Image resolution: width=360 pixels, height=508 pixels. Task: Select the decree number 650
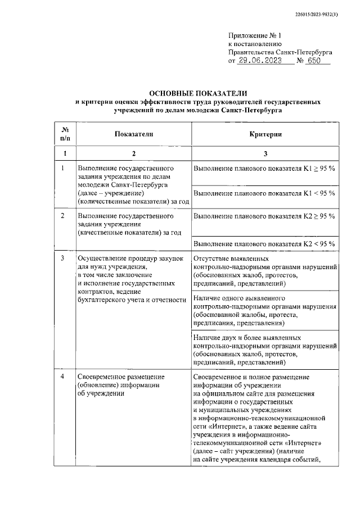point(318,61)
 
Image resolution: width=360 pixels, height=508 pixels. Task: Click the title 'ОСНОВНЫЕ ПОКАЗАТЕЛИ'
point(198,93)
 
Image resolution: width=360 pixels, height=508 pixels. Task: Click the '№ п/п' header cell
point(65,134)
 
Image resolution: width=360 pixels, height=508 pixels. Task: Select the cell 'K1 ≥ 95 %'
point(264,168)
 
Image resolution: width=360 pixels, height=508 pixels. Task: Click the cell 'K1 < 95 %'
point(264,193)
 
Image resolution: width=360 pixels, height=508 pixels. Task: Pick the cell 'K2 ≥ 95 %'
point(264,216)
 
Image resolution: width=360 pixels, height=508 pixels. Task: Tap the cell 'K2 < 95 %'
point(264,243)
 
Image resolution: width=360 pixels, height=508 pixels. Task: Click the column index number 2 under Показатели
point(133,153)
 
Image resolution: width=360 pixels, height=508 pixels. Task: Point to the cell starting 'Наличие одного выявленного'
point(264,310)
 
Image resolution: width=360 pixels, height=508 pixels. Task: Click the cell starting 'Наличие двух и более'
point(264,350)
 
